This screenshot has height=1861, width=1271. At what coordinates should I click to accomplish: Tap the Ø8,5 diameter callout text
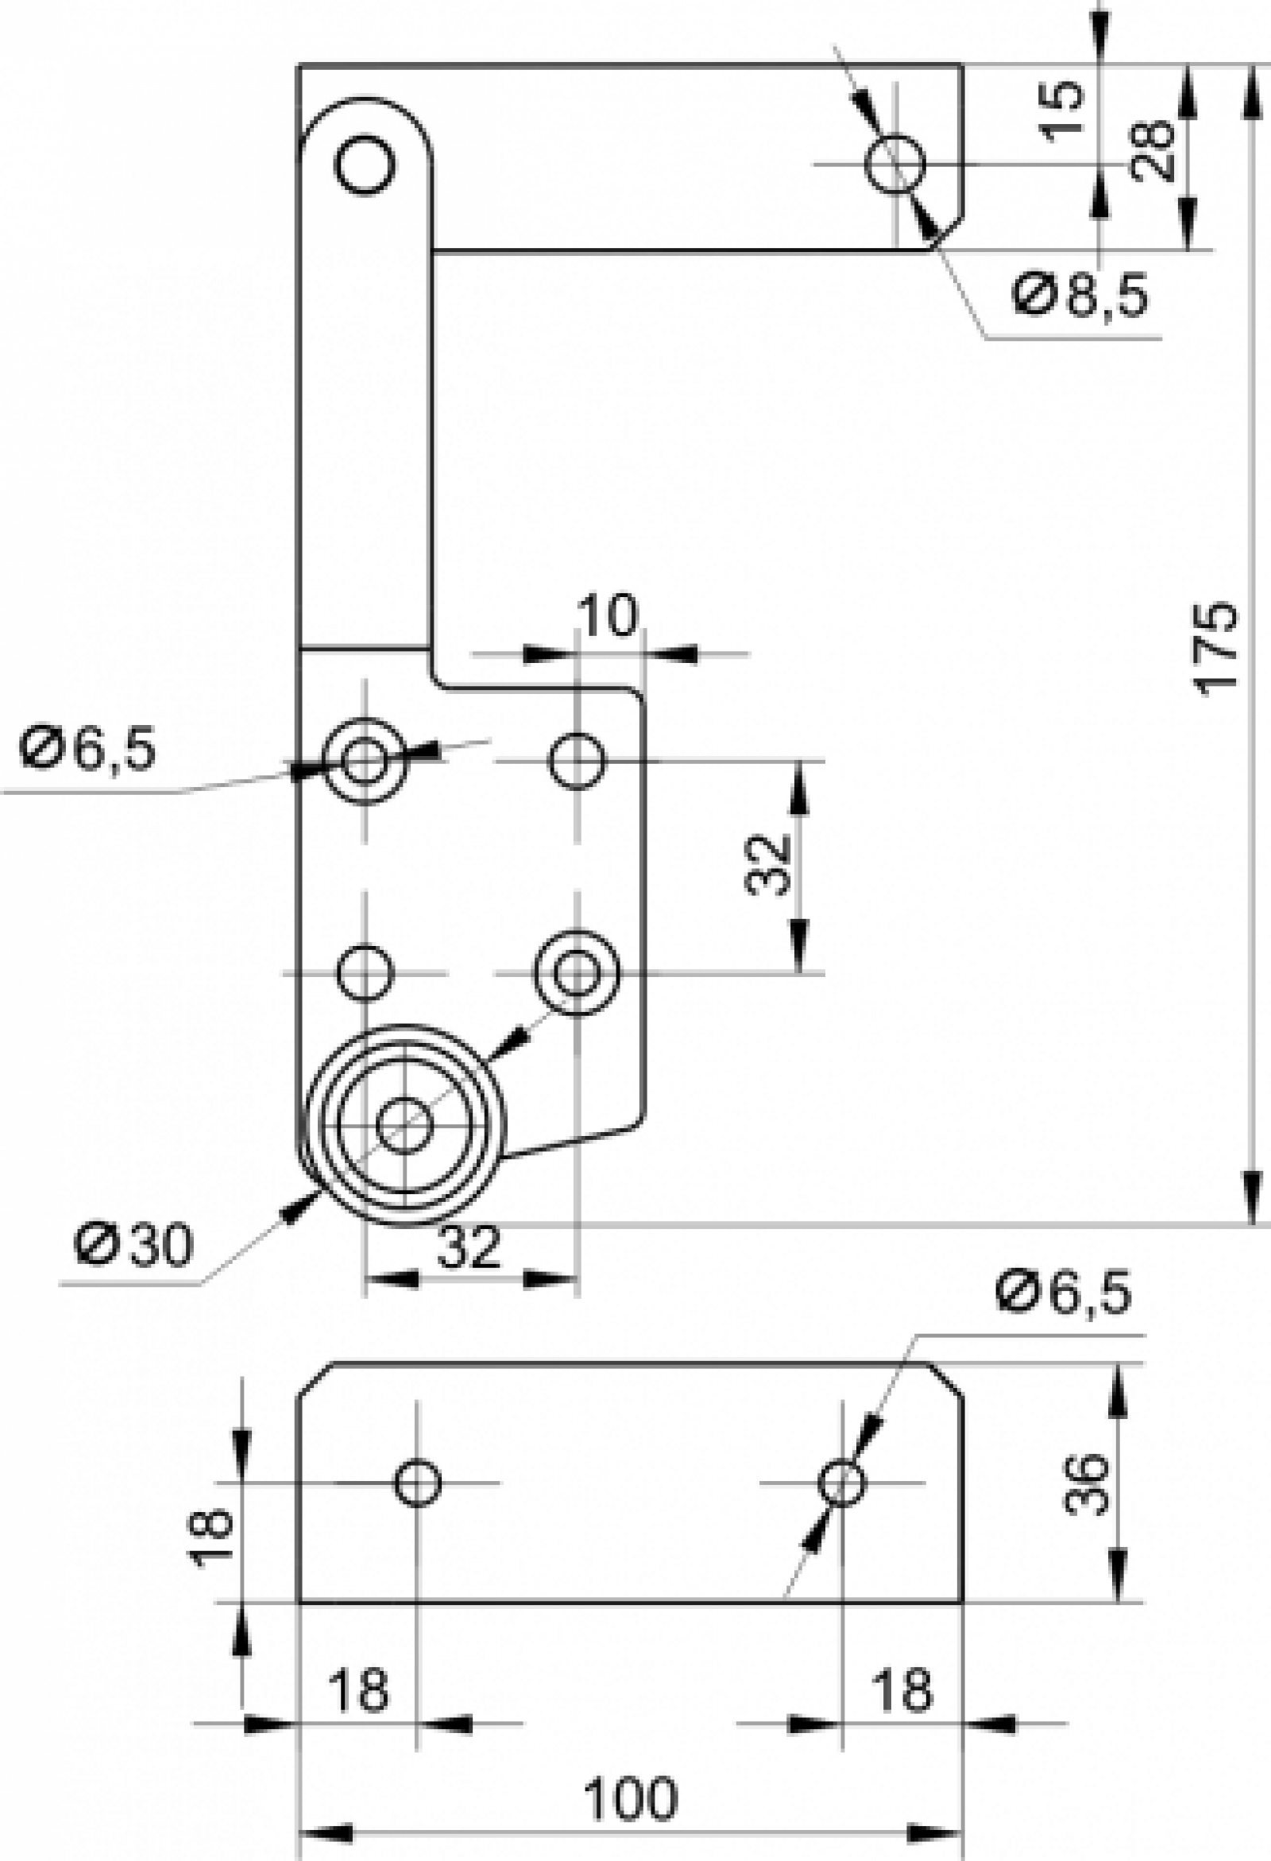coord(1080,295)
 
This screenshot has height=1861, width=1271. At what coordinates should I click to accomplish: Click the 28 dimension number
coord(1153,150)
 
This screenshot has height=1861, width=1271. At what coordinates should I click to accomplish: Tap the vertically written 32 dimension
coord(766,865)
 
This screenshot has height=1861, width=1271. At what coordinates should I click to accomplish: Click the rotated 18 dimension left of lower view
coord(211,1533)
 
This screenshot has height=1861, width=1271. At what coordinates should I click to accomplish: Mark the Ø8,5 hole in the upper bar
coord(894,164)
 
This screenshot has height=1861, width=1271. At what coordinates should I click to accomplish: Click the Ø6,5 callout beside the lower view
coord(1064,1294)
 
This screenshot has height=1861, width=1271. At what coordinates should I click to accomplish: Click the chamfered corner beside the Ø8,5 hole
coord(947,232)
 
